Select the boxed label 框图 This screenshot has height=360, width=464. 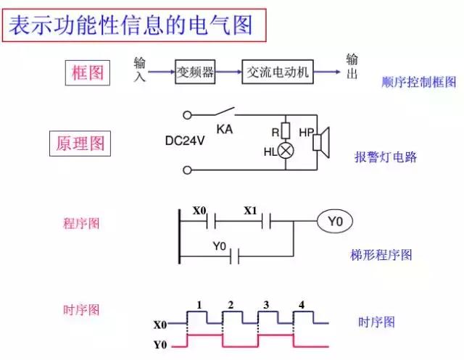click(x=88, y=73)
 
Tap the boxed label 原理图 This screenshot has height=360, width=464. click(x=81, y=143)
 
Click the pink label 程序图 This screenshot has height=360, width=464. click(x=81, y=223)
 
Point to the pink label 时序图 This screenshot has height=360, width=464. click(x=81, y=309)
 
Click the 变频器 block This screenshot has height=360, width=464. click(x=195, y=72)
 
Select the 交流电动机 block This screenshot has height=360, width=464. click(x=278, y=72)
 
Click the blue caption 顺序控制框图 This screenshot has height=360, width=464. click(x=418, y=83)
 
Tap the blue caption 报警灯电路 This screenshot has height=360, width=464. click(x=386, y=157)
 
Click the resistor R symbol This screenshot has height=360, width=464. click(x=286, y=131)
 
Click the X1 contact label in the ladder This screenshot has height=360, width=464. click(x=250, y=211)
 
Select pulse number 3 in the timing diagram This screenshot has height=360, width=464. click(x=266, y=305)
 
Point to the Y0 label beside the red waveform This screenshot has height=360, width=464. click(x=161, y=344)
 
